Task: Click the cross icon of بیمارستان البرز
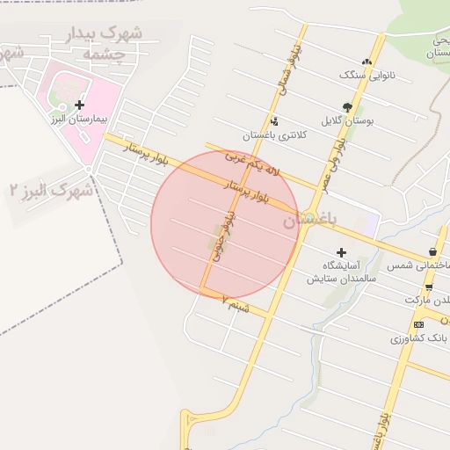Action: point(79,105)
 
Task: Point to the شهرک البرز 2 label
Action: point(51,190)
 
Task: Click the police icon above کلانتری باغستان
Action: point(275,121)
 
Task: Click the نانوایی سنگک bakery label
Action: point(367,75)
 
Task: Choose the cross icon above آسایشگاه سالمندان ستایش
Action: point(341,253)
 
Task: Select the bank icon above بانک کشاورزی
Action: point(418,324)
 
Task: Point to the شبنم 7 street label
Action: point(236,304)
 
